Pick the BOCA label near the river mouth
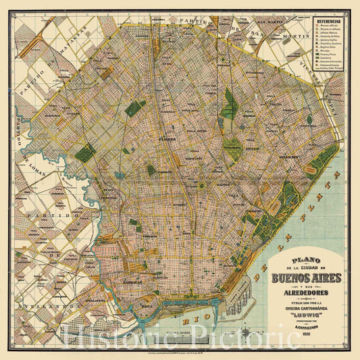[x=166, y=294]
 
